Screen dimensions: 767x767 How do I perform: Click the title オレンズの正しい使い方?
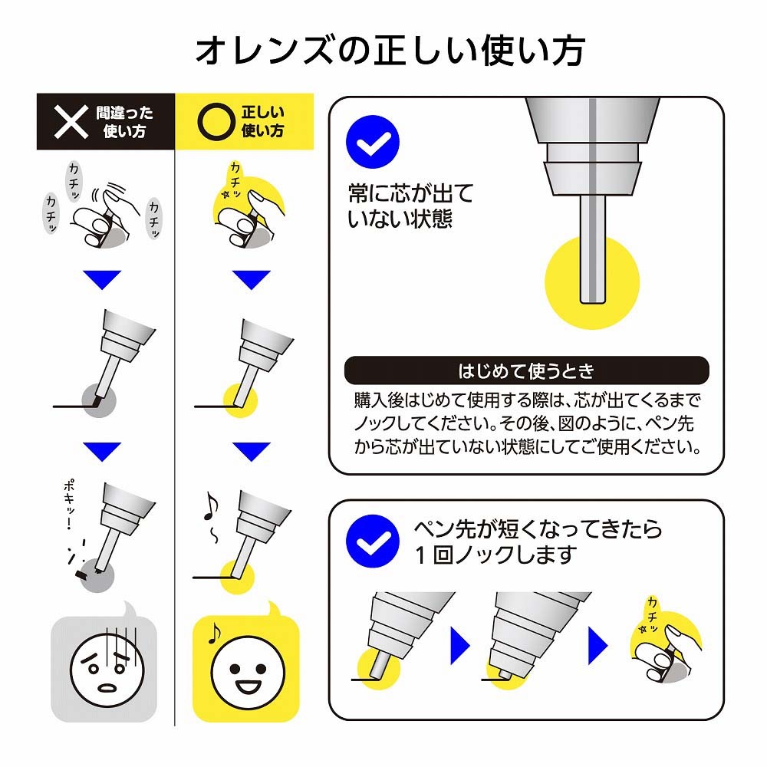390,51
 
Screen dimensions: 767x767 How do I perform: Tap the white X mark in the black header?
71,122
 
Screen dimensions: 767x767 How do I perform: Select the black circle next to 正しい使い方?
216,122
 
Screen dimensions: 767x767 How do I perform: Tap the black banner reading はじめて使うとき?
526,370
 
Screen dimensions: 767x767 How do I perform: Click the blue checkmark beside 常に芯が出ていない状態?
372,142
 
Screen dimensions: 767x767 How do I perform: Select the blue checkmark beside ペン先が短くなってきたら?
372,541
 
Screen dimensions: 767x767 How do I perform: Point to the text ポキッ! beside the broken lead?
70,505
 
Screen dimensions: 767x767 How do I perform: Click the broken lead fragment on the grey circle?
79,573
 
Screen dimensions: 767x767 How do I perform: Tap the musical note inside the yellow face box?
214,633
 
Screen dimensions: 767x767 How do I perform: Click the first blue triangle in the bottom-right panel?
459,645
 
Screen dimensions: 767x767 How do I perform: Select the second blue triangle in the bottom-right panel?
597,645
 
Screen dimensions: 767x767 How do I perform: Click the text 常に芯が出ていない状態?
410,206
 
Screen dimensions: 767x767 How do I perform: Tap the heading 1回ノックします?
495,555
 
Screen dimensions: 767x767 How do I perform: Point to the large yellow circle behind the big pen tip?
592,282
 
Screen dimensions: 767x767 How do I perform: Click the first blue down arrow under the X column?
102,280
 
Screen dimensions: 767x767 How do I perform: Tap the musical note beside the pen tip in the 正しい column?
211,507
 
